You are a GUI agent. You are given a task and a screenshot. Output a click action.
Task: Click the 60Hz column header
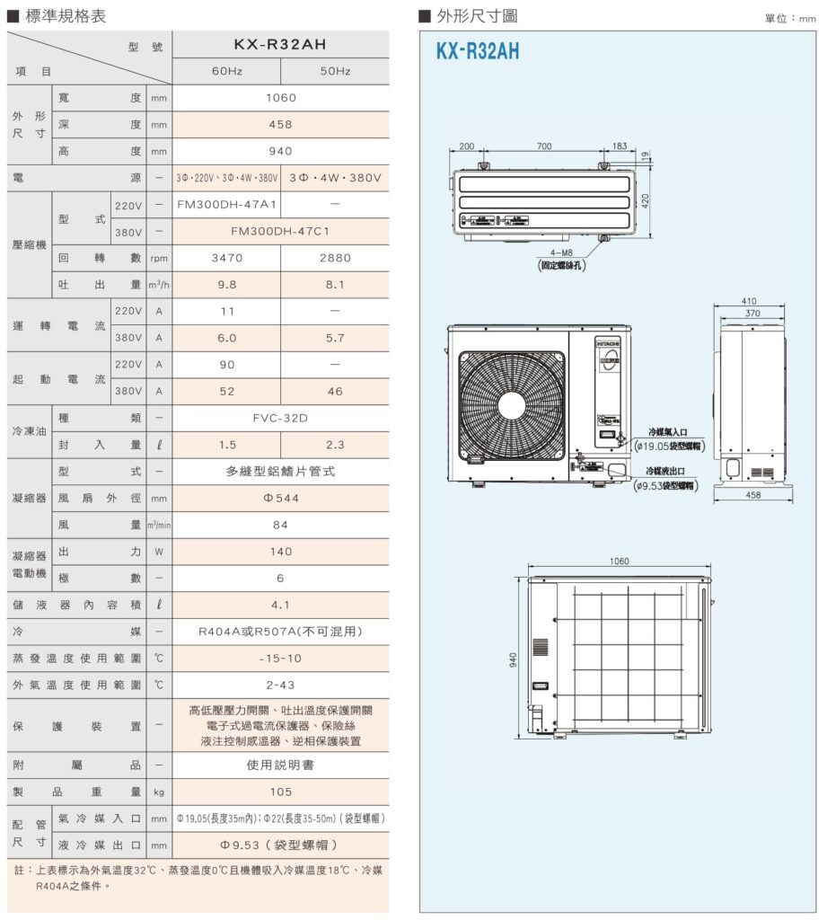(x=225, y=71)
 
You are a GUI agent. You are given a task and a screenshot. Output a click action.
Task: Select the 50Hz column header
(x=335, y=71)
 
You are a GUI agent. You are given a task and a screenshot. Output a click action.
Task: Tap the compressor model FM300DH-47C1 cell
(x=280, y=231)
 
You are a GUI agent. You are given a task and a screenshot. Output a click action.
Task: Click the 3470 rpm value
(x=225, y=258)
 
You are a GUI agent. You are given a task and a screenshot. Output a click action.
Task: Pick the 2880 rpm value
(x=335, y=258)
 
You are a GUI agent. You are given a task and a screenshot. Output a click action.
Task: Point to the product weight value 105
(x=280, y=792)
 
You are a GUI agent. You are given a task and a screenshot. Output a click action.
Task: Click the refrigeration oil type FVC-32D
(x=280, y=418)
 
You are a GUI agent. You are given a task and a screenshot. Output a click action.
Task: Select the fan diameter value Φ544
(x=280, y=498)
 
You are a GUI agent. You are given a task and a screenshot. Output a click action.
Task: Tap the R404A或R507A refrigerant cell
(x=280, y=632)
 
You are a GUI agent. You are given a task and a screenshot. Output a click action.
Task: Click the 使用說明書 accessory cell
(x=280, y=765)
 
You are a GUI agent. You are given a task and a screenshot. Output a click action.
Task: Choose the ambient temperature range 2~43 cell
(x=280, y=685)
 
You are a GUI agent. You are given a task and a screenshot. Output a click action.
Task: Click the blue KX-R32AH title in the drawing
(x=477, y=52)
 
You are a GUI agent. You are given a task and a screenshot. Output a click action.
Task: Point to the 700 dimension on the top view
(x=544, y=146)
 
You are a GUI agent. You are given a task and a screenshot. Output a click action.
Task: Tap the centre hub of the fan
(x=513, y=402)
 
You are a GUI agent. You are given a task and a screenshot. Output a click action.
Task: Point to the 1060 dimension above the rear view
(x=619, y=562)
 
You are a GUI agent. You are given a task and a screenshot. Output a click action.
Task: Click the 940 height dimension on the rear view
(x=514, y=659)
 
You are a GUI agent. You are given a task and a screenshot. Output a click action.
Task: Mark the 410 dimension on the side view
(x=749, y=301)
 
